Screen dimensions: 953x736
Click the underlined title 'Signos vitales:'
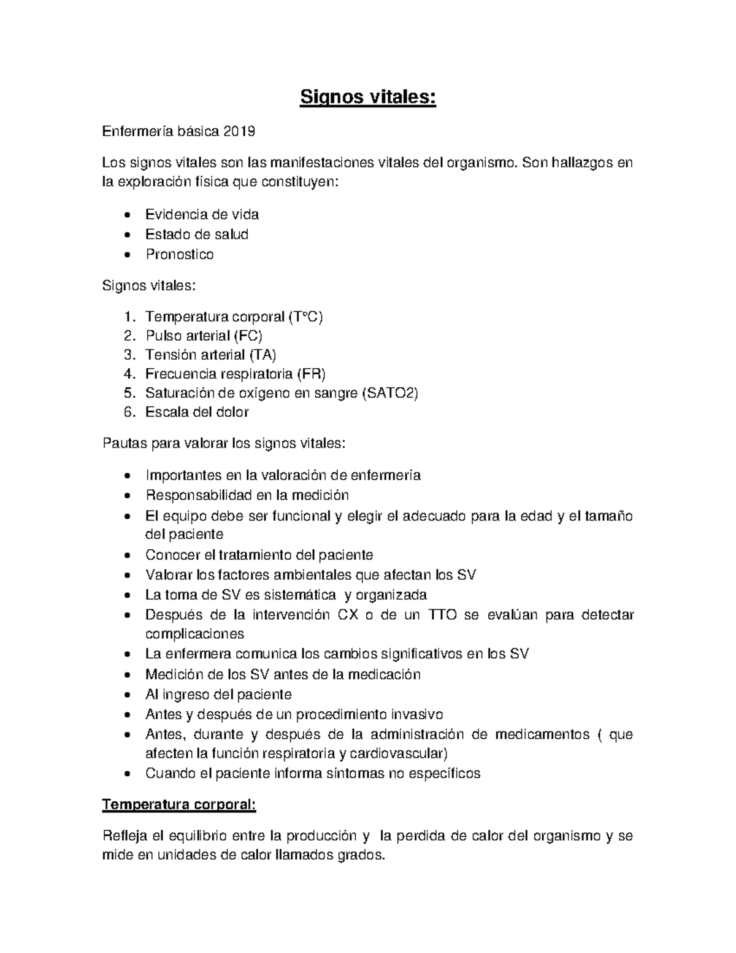tap(367, 98)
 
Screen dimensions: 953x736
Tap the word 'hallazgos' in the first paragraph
tap(582, 163)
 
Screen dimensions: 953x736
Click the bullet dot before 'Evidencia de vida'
tap(127, 215)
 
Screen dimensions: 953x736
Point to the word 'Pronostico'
tap(179, 254)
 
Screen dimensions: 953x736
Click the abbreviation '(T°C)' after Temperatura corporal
tap(305, 317)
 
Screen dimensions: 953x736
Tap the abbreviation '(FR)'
tap(311, 374)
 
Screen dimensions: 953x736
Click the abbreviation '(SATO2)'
tap(390, 393)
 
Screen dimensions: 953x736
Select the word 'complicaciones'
tap(194, 633)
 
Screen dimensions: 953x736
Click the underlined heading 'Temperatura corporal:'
tap(179, 804)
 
